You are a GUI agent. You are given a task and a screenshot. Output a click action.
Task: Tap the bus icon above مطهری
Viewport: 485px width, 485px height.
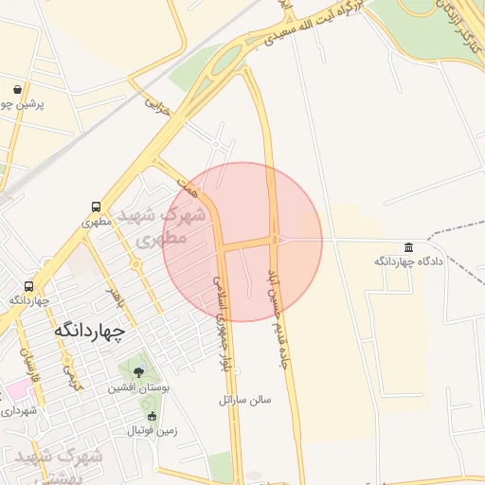tap(96, 207)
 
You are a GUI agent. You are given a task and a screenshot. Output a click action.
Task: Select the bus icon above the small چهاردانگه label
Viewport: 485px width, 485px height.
tap(29, 285)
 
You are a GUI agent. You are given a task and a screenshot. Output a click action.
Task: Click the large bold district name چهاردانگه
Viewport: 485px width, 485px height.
tap(90, 331)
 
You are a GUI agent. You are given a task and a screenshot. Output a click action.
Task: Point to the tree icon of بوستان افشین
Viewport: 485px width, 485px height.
tap(139, 373)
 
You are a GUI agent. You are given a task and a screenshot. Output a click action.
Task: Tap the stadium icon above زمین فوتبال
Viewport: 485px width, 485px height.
tap(152, 416)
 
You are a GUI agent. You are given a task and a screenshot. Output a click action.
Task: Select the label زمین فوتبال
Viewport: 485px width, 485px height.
tap(152, 431)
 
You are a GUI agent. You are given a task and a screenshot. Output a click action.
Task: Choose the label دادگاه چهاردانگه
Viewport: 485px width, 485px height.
tap(408, 260)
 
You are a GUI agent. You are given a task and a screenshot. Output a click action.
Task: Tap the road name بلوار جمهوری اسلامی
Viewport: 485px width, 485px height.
tap(225, 327)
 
